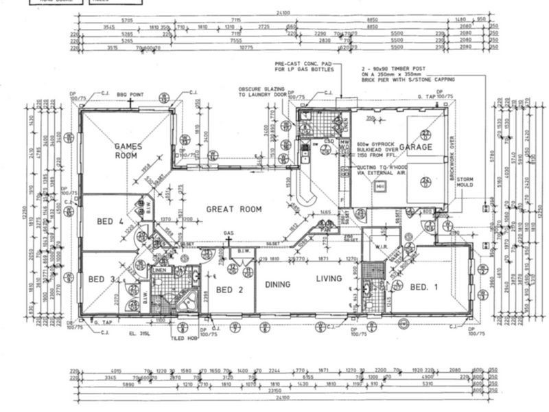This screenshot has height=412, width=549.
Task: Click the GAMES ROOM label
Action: (x=128, y=150)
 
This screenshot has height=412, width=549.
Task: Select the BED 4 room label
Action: (x=110, y=221)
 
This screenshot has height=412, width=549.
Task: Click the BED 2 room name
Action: (x=230, y=290)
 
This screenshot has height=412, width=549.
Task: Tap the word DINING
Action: (x=274, y=284)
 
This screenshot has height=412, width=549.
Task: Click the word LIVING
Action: (x=329, y=279)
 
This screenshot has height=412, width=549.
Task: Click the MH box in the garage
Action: (x=379, y=185)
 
